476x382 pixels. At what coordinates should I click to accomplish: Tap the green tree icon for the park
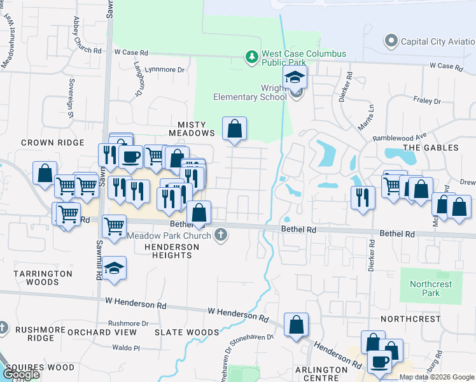click(252, 58)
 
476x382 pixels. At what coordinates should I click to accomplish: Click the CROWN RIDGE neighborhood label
click(44, 143)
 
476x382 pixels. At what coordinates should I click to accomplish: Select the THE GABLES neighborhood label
click(431, 148)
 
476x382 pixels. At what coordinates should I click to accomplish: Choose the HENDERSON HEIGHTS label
click(168, 251)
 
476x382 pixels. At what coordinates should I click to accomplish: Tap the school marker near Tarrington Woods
click(114, 269)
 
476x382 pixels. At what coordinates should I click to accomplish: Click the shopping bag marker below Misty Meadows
click(235, 129)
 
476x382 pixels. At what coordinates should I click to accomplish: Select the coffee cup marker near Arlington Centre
click(381, 361)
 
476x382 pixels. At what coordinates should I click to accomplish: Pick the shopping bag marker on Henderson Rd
click(297, 325)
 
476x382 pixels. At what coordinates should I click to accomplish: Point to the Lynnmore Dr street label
click(164, 69)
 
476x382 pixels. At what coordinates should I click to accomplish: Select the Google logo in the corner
click(20, 374)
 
